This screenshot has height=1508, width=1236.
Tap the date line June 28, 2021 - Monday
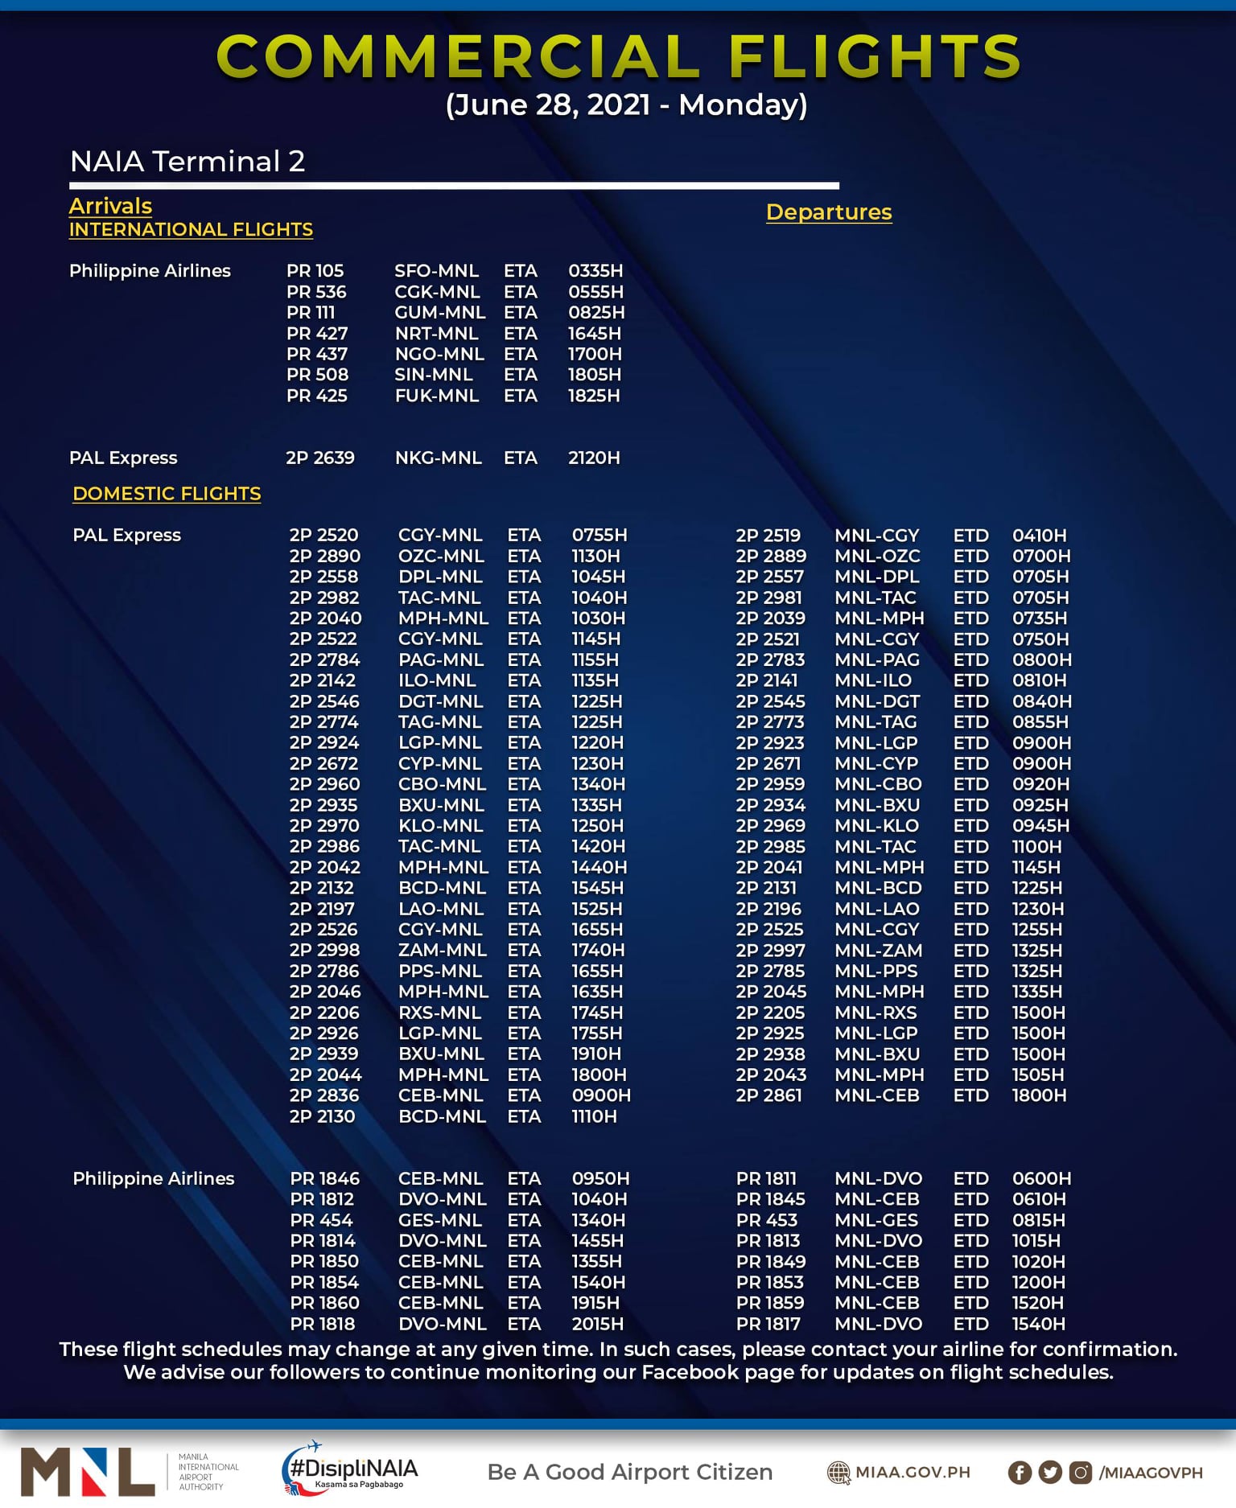626,105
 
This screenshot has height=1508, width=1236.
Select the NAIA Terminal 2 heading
187,162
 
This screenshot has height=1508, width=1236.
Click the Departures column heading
829,212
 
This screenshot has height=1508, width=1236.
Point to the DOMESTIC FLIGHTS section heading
167,494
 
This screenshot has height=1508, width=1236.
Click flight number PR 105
315,271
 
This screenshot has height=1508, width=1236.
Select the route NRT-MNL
436,334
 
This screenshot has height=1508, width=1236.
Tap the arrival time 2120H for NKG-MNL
594,458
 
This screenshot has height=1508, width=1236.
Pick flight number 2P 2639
320,458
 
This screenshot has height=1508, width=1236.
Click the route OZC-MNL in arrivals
441,557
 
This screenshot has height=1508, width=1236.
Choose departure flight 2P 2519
768,536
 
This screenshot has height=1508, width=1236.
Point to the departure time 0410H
1039,536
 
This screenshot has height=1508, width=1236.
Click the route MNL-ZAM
878,951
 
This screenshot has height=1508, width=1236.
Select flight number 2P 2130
322,1116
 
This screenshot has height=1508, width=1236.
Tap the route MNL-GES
876,1220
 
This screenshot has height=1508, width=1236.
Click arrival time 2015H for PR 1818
597,1324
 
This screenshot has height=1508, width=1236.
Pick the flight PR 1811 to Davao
766,1179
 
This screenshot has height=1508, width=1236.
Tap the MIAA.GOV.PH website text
913,1473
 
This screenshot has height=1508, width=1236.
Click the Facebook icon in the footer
1020,1473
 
